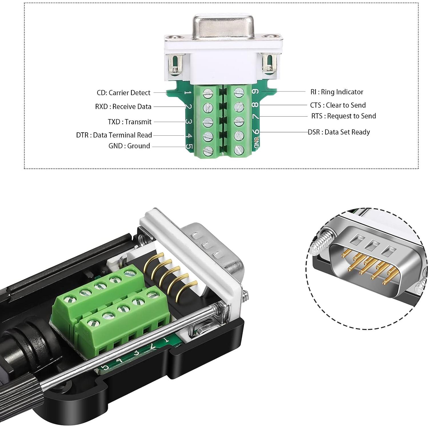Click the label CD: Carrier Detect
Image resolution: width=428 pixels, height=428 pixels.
(123, 93)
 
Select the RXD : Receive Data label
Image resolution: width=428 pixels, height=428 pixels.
(123, 107)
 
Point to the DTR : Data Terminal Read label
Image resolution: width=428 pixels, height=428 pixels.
(114, 135)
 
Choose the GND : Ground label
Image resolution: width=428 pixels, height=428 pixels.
(129, 146)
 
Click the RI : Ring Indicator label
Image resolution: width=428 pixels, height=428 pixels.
(337, 92)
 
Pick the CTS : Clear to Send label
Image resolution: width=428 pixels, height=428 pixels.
(338, 105)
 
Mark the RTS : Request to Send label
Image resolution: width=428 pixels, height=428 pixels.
(343, 116)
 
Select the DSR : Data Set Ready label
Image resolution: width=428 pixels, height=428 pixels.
(339, 132)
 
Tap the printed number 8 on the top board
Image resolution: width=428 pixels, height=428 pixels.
(255, 105)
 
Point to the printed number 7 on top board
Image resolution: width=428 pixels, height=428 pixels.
(256, 117)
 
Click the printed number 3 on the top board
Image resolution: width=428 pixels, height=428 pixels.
(188, 122)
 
